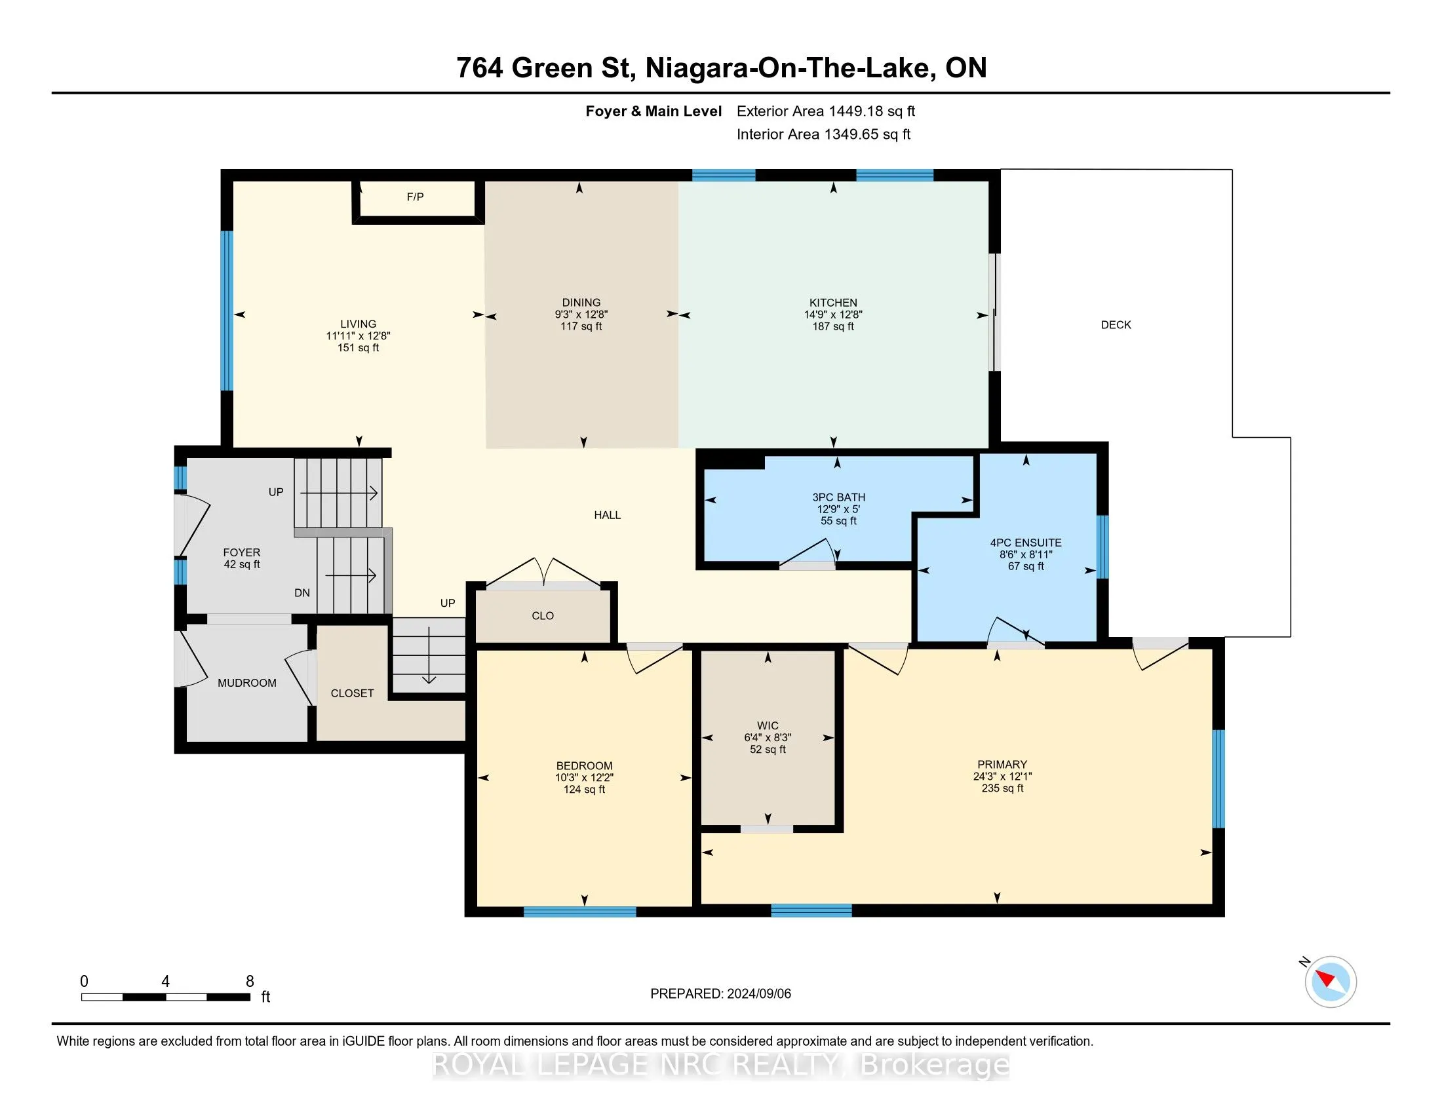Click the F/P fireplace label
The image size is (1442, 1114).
click(x=416, y=197)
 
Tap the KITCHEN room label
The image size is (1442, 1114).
click(x=833, y=303)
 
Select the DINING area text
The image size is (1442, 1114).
click(x=581, y=303)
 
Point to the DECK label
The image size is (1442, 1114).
click(x=1116, y=324)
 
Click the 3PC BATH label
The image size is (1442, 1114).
click(x=838, y=497)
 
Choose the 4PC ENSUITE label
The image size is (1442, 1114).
click(x=1026, y=543)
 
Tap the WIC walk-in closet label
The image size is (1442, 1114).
click(x=768, y=725)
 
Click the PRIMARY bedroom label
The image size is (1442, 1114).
click(x=1002, y=764)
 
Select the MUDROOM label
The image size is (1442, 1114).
click(x=247, y=683)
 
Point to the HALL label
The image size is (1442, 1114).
click(x=608, y=516)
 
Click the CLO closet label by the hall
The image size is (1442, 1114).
click(x=543, y=616)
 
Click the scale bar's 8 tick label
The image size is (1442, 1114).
click(x=250, y=982)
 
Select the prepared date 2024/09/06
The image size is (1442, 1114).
click(x=759, y=994)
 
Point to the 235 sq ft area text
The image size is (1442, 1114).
click(x=1002, y=788)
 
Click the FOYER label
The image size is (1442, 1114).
click(x=242, y=552)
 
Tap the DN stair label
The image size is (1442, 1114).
click(x=302, y=592)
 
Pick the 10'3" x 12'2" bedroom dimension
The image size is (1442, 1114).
click(x=584, y=777)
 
